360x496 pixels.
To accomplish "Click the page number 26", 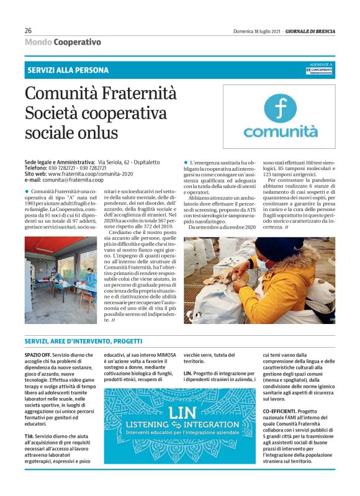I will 28,30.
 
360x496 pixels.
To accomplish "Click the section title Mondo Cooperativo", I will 62,42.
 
